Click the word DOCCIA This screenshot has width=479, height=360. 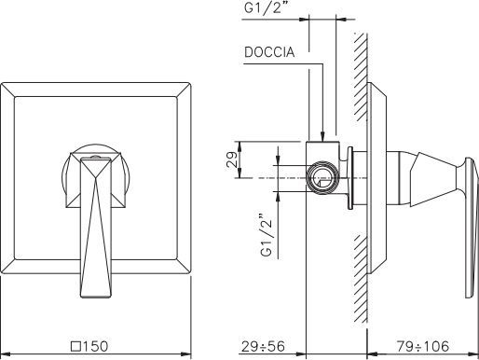pos(269,52)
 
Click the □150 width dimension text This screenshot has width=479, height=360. pos(89,346)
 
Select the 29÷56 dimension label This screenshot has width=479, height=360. pos(263,346)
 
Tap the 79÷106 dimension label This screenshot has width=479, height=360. pos(423,346)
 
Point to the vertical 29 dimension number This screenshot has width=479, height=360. pos(232,159)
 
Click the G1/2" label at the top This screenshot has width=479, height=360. pos(267,7)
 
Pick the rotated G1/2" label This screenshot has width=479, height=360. pos(267,235)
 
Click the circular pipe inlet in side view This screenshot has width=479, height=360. pos(322,177)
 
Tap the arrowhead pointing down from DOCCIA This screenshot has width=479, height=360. pos(323,136)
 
